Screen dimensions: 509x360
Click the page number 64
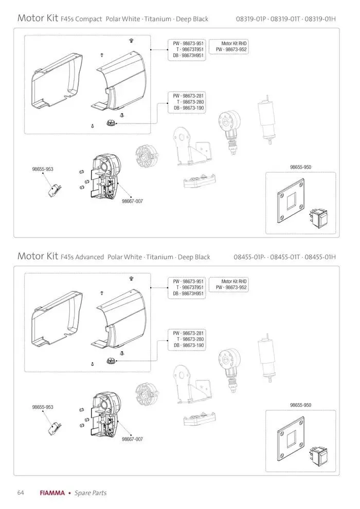[x=21, y=493]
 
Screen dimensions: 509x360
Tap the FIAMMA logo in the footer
[x=52, y=493]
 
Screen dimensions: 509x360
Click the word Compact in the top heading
[x=89, y=19]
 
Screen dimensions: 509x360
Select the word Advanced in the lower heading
[x=90, y=257]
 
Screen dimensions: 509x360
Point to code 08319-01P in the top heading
[x=250, y=19]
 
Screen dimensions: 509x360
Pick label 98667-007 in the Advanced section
[x=132, y=439]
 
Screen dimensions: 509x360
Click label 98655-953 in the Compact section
[x=43, y=169]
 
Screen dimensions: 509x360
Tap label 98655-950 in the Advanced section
[x=300, y=405]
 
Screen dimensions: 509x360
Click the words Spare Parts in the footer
[x=91, y=493]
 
